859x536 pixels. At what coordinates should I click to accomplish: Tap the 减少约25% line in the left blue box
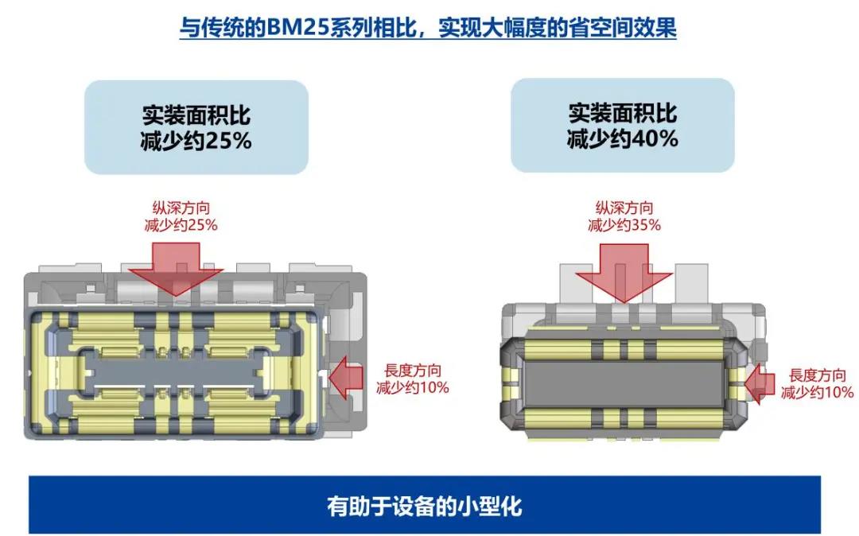coord(196,142)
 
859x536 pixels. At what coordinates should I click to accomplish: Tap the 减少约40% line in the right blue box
coord(622,138)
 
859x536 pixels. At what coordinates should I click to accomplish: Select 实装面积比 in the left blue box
coord(196,116)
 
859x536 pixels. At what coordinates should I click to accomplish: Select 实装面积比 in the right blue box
coord(622,113)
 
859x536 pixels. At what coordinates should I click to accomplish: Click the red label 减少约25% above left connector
coord(177,224)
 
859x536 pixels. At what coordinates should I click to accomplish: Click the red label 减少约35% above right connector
coord(624,224)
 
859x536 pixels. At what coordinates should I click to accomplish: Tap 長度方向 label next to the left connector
coord(414,371)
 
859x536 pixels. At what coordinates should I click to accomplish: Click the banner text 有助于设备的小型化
coord(424,506)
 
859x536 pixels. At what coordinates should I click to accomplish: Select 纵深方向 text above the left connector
coord(177,209)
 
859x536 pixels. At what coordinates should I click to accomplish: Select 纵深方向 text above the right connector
coord(624,209)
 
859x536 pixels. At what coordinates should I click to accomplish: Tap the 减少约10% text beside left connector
coord(414,387)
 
